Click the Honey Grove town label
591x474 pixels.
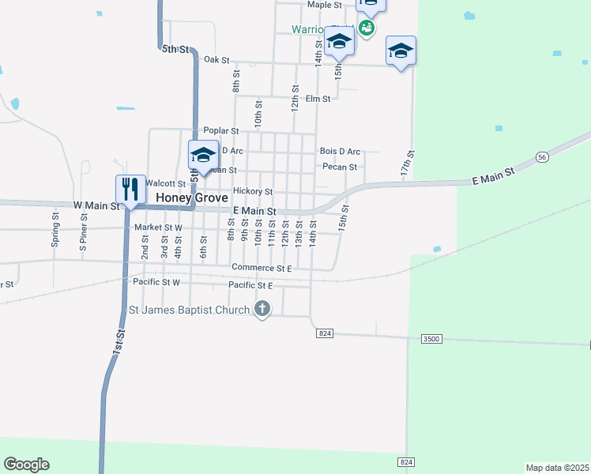coord(192,197)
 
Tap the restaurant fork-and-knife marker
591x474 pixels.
coord(130,190)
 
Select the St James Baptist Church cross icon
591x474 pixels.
coord(262,309)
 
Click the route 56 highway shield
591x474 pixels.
coord(541,157)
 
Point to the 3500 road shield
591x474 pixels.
coord(431,338)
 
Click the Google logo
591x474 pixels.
coord(26,465)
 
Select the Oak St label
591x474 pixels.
coord(216,60)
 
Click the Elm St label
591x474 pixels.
coord(318,99)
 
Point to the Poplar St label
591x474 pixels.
coord(221,130)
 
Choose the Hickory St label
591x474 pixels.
coord(253,192)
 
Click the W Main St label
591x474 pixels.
coord(96,205)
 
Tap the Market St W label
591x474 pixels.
coord(158,228)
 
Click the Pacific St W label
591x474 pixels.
coord(156,282)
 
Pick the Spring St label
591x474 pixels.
coord(55,230)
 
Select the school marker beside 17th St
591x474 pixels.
coord(401,51)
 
